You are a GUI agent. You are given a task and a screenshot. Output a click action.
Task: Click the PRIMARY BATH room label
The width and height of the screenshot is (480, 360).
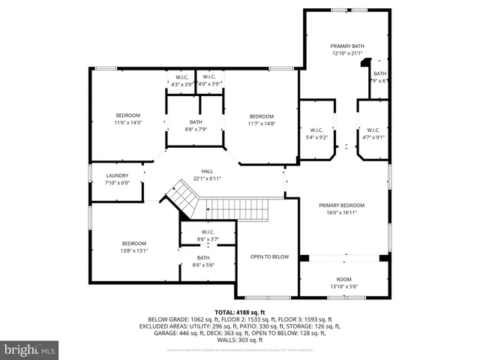[x=346, y=46]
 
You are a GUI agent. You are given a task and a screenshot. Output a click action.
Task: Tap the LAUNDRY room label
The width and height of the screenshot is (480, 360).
[x=117, y=175]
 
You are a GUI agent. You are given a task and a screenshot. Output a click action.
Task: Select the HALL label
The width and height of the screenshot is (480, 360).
[x=207, y=171]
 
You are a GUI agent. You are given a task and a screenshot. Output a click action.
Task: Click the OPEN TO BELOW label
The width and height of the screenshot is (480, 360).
[x=269, y=256]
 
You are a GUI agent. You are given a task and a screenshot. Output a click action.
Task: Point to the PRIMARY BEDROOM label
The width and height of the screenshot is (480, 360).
[x=341, y=205]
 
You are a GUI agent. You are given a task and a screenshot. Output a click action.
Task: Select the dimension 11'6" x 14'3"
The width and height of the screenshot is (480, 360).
[x=127, y=122]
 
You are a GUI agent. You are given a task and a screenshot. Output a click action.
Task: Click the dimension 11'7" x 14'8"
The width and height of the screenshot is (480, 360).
[x=261, y=124]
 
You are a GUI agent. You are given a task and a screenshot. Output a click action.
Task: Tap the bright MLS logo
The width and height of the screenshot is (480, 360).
[x=30, y=349]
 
